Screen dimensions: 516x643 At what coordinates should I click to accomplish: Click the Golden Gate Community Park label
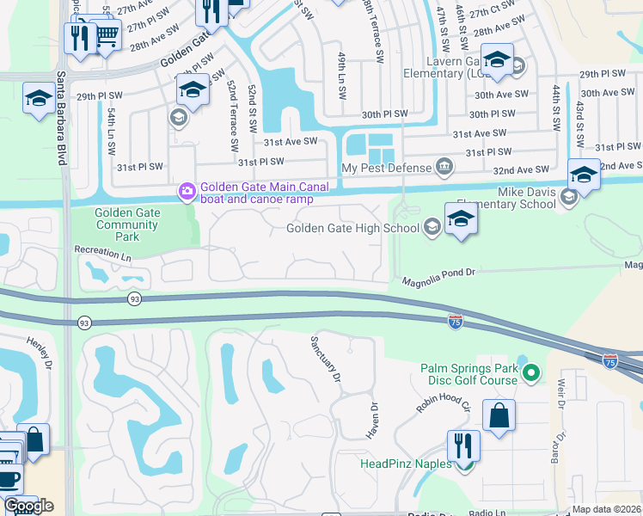pyautogui.click(x=126, y=225)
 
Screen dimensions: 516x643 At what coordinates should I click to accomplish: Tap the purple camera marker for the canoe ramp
pyautogui.click(x=186, y=190)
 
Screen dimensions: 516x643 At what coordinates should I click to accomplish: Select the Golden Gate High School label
pyautogui.click(x=353, y=227)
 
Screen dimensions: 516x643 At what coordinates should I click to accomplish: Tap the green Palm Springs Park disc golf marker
pyautogui.click(x=531, y=373)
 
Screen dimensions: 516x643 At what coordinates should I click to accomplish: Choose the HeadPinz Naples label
pyautogui.click(x=405, y=464)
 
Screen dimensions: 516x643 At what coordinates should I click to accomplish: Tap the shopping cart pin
pyautogui.click(x=107, y=34)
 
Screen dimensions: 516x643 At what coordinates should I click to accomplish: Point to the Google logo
pyautogui.click(x=28, y=506)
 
